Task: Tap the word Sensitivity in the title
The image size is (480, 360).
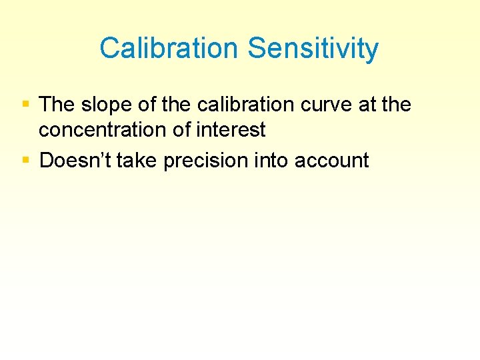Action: click(313, 49)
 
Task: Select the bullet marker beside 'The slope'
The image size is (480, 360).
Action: click(25, 105)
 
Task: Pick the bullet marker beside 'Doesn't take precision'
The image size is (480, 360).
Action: click(25, 160)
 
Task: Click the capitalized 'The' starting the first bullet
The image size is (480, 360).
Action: click(56, 105)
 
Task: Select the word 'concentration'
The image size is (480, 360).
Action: click(103, 130)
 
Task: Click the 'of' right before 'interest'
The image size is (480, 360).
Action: click(181, 130)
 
